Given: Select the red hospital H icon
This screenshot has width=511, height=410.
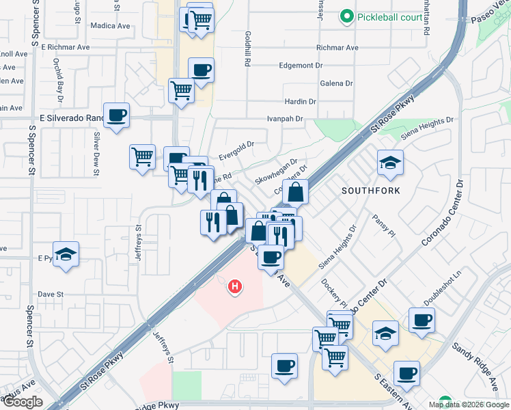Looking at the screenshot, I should tap(235, 286).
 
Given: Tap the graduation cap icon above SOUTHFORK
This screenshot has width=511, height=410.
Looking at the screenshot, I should tap(390, 163).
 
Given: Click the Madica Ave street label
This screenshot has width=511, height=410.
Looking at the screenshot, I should tap(110, 26).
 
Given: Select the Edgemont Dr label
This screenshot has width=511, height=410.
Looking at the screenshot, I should tap(301, 66).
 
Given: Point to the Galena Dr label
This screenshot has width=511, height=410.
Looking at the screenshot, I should tap(336, 83).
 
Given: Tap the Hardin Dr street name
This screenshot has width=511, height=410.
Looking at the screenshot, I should tap(300, 101).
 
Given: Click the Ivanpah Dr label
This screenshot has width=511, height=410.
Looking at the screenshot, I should tap(284, 118).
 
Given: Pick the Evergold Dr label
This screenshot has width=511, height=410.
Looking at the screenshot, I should tap(236, 150).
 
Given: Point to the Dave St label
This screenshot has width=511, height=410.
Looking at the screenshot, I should tap(51, 295).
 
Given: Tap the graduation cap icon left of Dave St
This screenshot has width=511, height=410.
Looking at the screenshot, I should tap(66, 255).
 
